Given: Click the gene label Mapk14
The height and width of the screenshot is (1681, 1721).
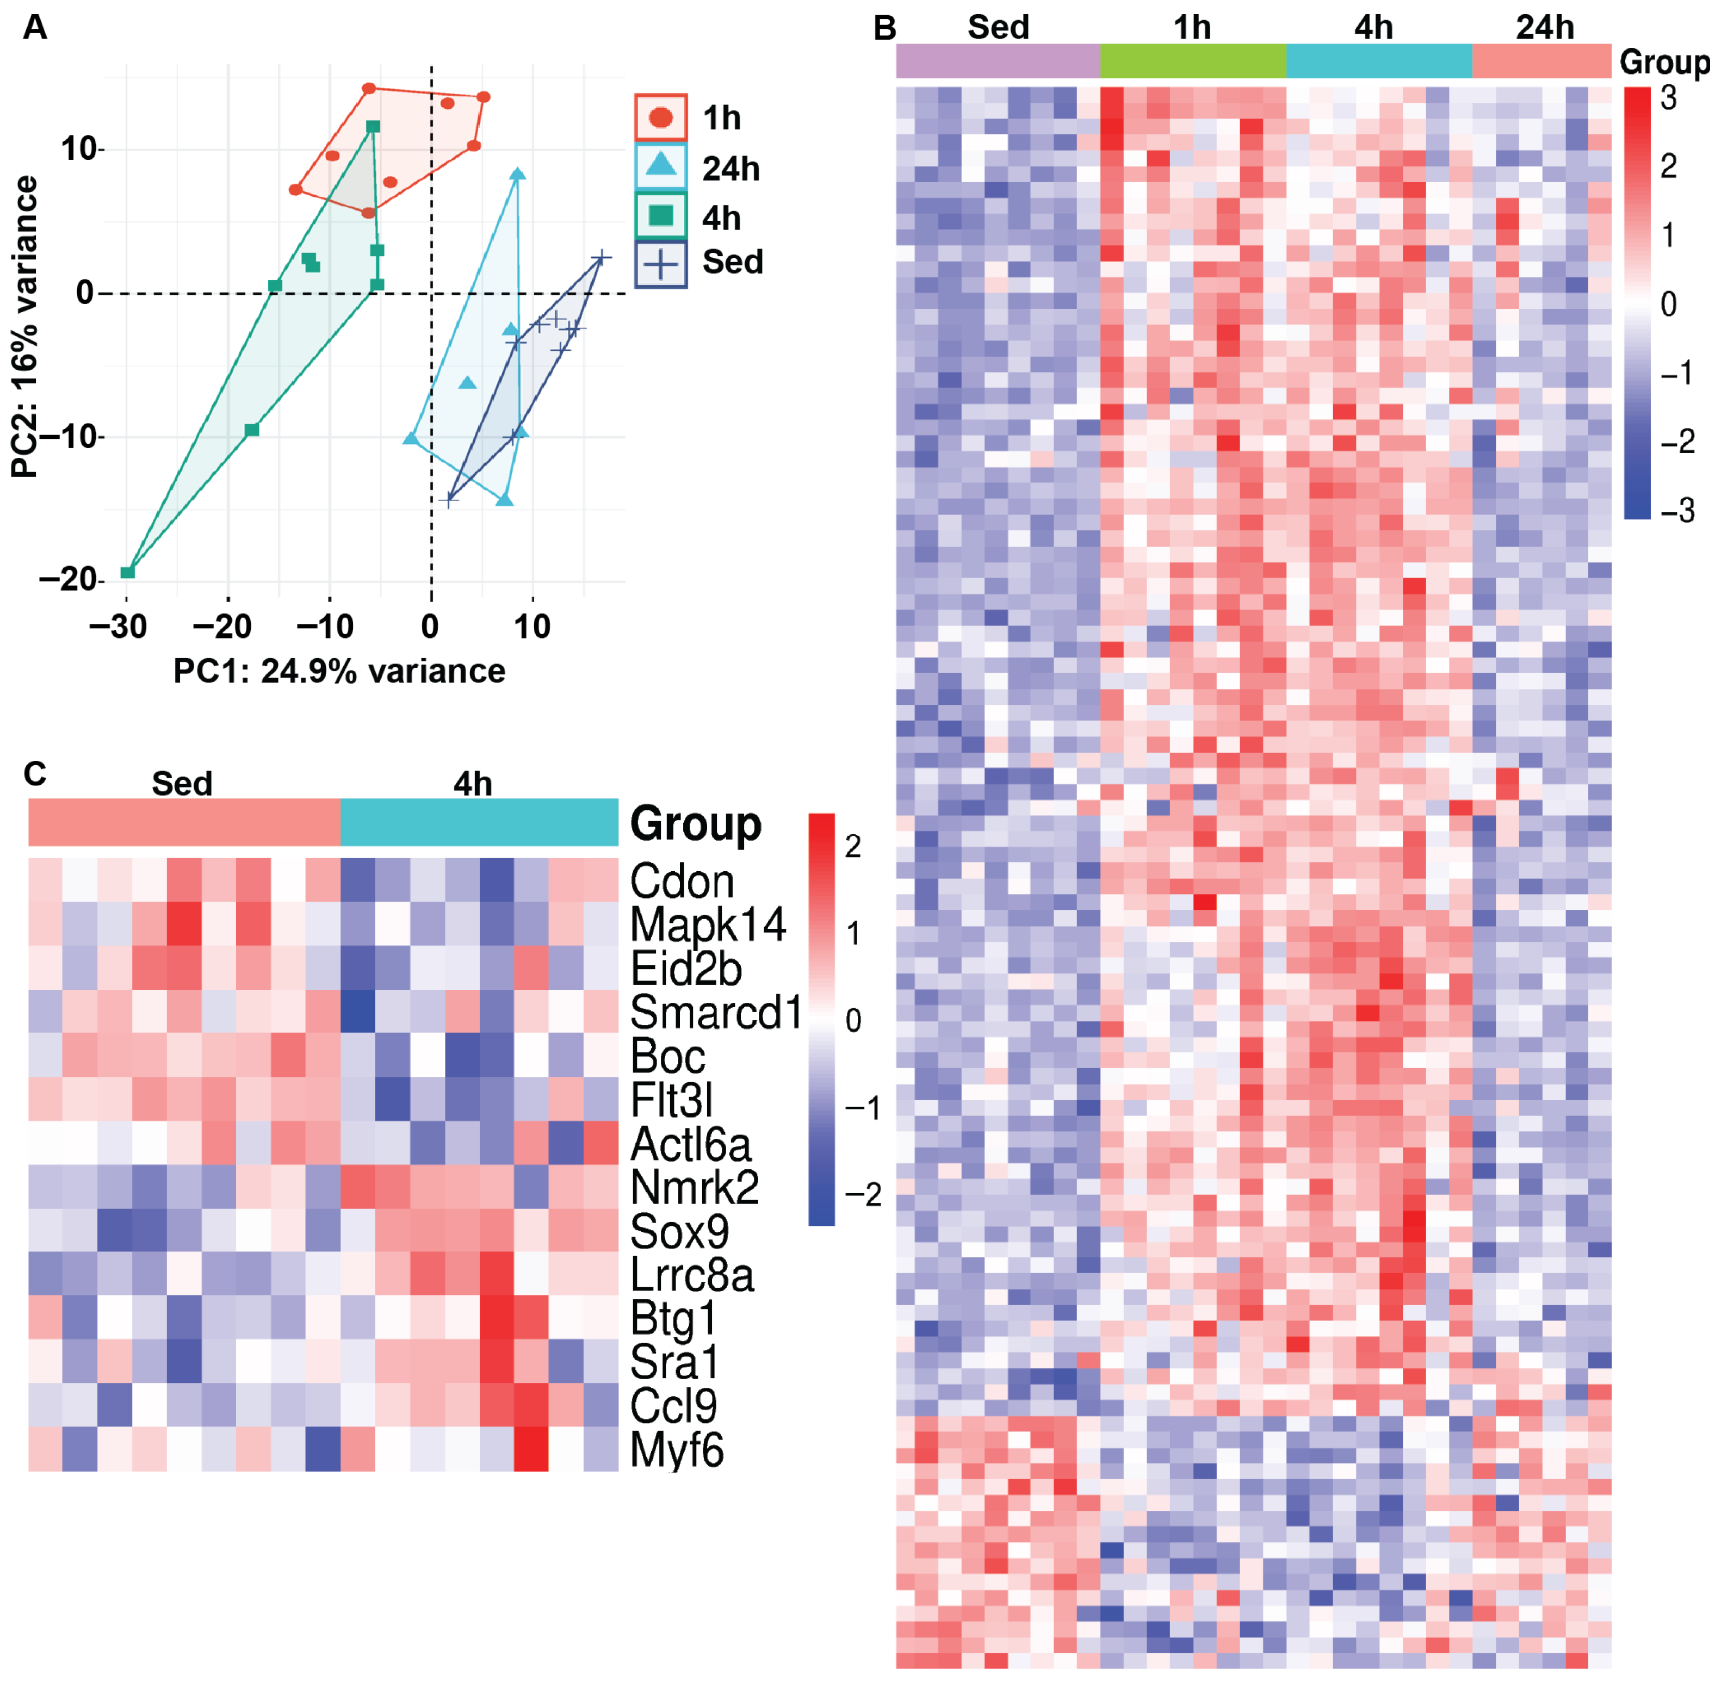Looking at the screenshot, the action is point(707,925).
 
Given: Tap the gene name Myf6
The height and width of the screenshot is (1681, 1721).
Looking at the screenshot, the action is point(677,1450).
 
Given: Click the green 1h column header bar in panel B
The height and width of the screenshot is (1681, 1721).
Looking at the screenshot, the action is point(1193,61).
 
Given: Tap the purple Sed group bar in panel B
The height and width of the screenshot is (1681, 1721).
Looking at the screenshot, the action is point(998,61).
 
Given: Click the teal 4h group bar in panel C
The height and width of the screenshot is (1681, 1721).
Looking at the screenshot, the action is point(479,822).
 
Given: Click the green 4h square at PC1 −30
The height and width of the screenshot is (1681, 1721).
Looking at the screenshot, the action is point(127,572).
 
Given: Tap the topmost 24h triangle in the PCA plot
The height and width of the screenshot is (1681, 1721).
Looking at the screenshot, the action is point(517,174).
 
